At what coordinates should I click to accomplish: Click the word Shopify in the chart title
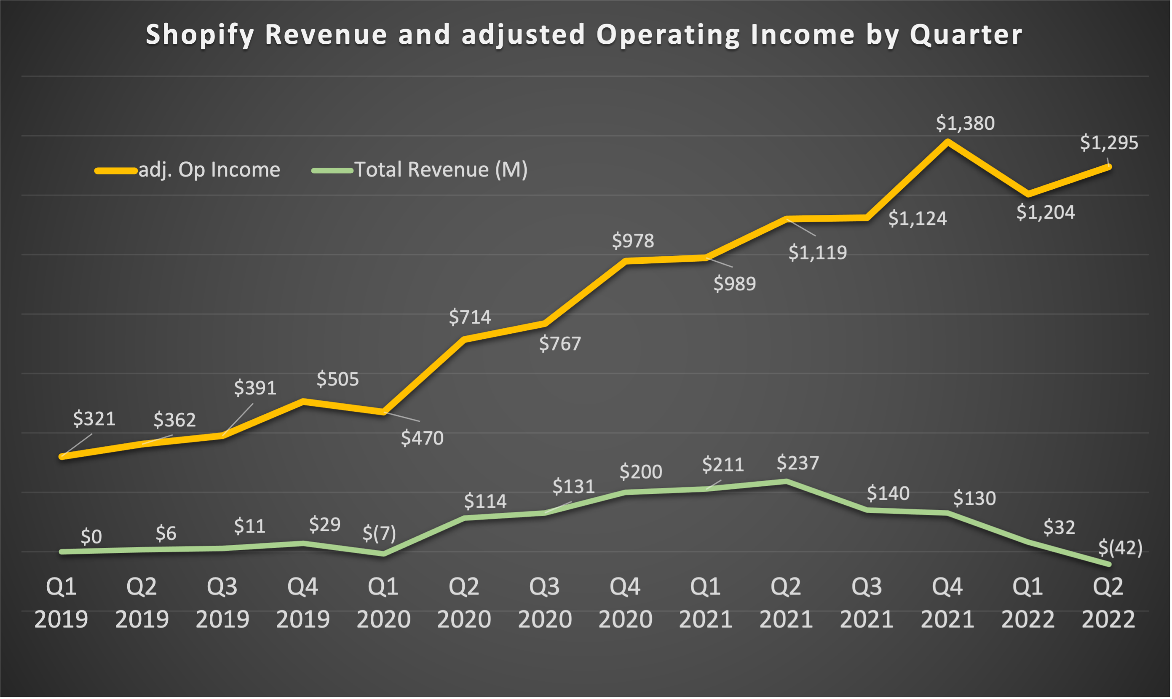point(200,35)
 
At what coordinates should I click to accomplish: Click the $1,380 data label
point(965,123)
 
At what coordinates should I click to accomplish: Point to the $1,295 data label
point(1109,143)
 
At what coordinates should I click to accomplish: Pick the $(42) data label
point(1120,548)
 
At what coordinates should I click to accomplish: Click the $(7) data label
point(379,533)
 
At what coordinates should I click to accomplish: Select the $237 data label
point(797,463)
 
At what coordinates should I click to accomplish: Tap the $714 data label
point(469,317)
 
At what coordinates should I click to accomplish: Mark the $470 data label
point(422,439)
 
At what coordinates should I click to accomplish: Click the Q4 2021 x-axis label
point(947,603)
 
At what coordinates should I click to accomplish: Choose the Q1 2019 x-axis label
point(61,603)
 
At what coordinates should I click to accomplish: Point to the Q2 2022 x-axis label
point(1108,603)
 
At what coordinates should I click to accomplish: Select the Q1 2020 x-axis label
point(383,603)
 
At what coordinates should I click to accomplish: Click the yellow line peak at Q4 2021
point(947,141)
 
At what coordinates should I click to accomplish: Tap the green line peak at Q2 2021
point(786,482)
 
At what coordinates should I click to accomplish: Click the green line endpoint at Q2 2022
point(1108,564)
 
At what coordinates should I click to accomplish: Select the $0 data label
point(91,537)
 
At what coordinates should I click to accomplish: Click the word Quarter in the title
point(966,35)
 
